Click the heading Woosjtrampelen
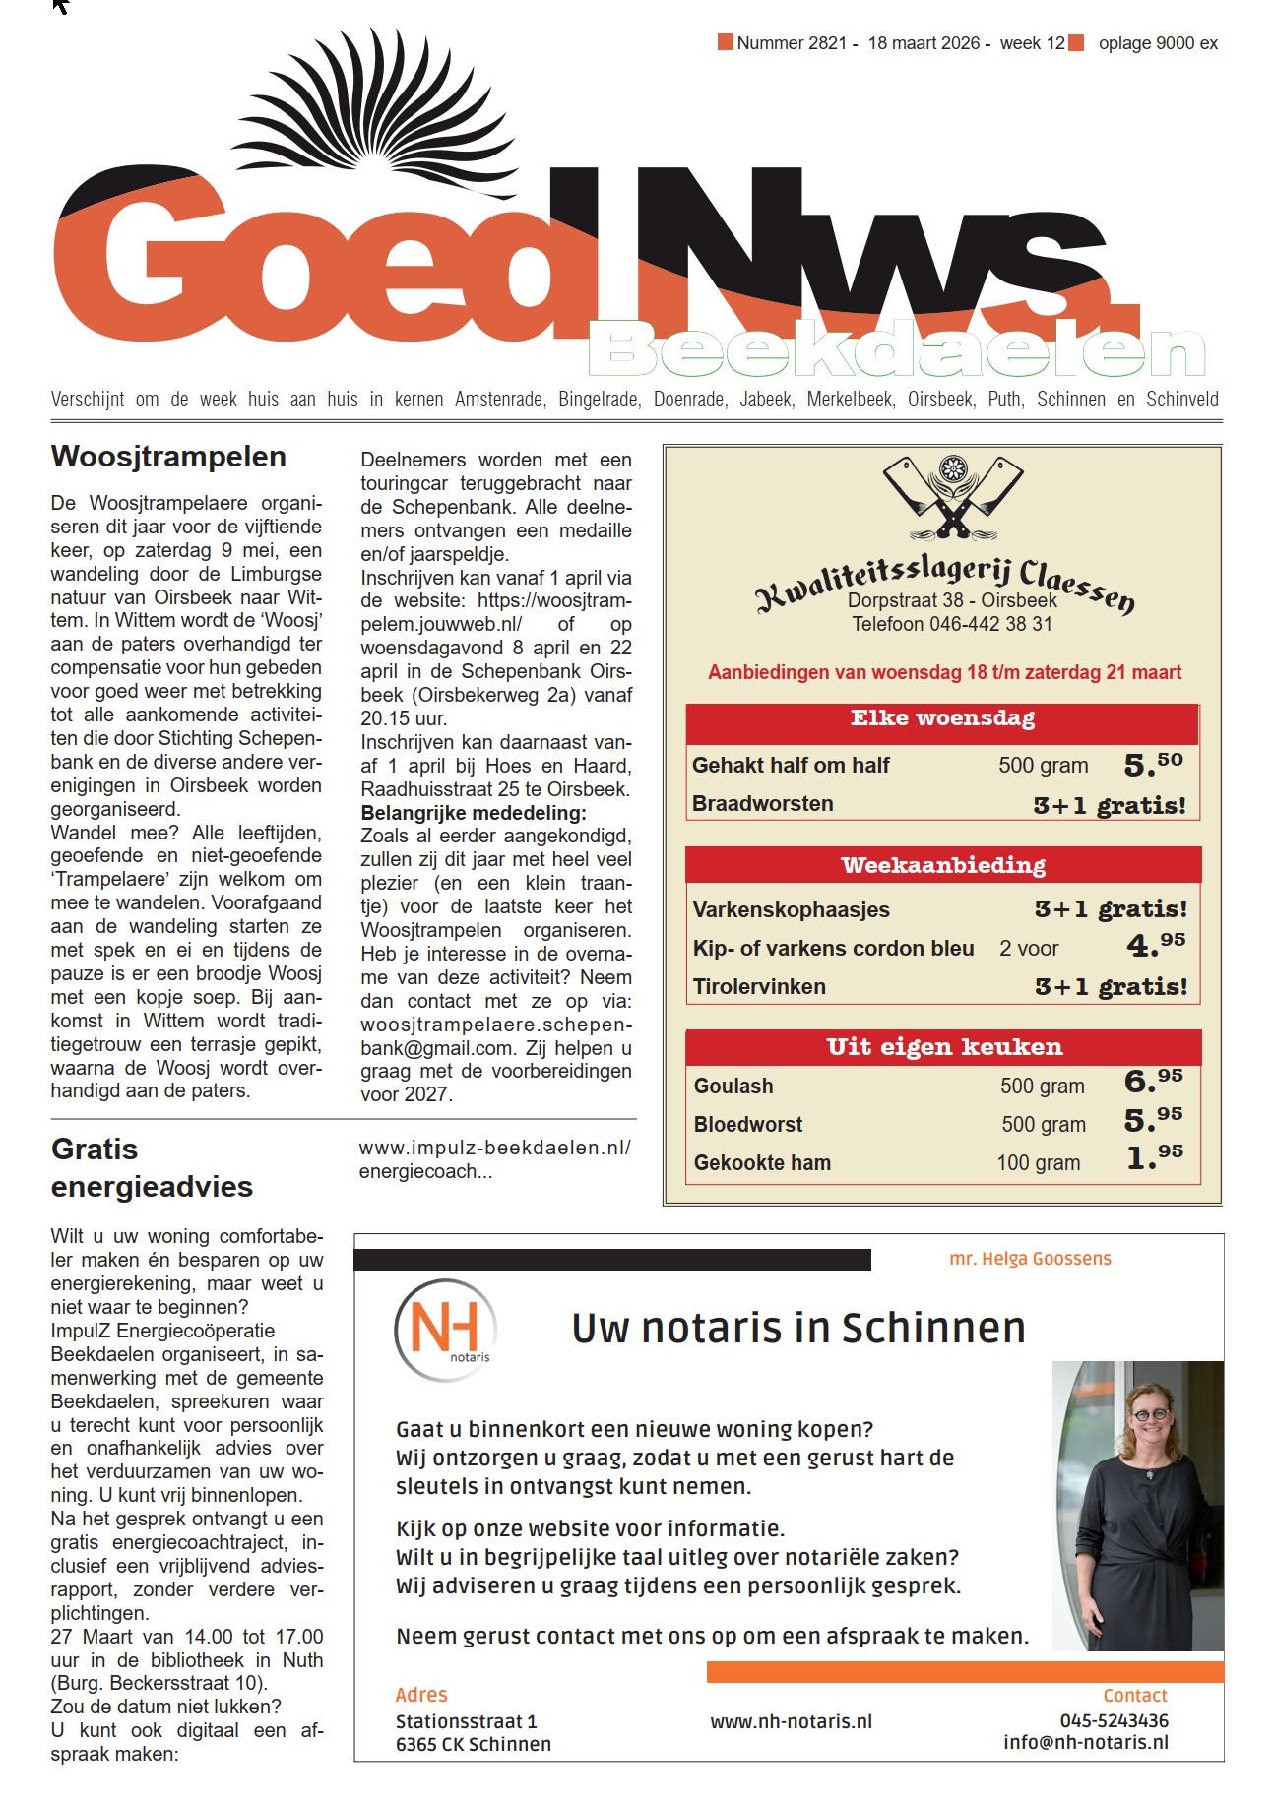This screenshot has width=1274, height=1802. pos(168,457)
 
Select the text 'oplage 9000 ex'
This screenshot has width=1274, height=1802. pos(1158,43)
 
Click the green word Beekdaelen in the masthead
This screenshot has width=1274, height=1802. pos(896,350)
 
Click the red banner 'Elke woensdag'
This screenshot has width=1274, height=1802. pos(942,718)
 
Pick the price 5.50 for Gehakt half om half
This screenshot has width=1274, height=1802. pos(1153,765)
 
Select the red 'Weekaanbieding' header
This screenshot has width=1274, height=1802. pos(942,865)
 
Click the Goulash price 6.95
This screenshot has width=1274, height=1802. pos(1153,1082)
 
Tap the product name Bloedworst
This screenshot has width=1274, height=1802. pos(748,1124)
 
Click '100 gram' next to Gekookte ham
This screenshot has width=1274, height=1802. pos(1038,1162)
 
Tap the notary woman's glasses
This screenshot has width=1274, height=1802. pos(1149,1415)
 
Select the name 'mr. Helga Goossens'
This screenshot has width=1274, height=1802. pos(1030,1259)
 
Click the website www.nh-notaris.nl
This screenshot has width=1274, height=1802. pos(791,1721)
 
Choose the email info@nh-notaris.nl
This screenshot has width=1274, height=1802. pos(1085,1742)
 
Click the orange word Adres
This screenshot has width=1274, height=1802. pos(421,1695)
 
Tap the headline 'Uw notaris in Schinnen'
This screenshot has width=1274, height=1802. pos(797,1328)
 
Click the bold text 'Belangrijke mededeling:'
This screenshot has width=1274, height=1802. pos(473,813)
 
